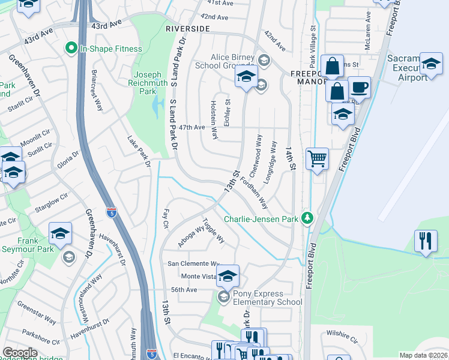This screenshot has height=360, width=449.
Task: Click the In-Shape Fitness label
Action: (111, 49)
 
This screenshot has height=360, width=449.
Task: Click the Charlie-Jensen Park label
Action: (261, 220)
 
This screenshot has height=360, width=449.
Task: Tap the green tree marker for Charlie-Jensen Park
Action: (308, 217)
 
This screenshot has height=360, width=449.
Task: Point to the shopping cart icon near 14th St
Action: (317, 160)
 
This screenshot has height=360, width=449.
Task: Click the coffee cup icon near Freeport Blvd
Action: (359, 88)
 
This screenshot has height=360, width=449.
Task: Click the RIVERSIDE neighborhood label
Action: (188, 29)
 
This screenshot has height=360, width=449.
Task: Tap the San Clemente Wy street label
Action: (194, 263)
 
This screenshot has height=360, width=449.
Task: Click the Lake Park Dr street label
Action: (138, 149)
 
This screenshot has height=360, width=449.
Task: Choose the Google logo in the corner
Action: (20, 352)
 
